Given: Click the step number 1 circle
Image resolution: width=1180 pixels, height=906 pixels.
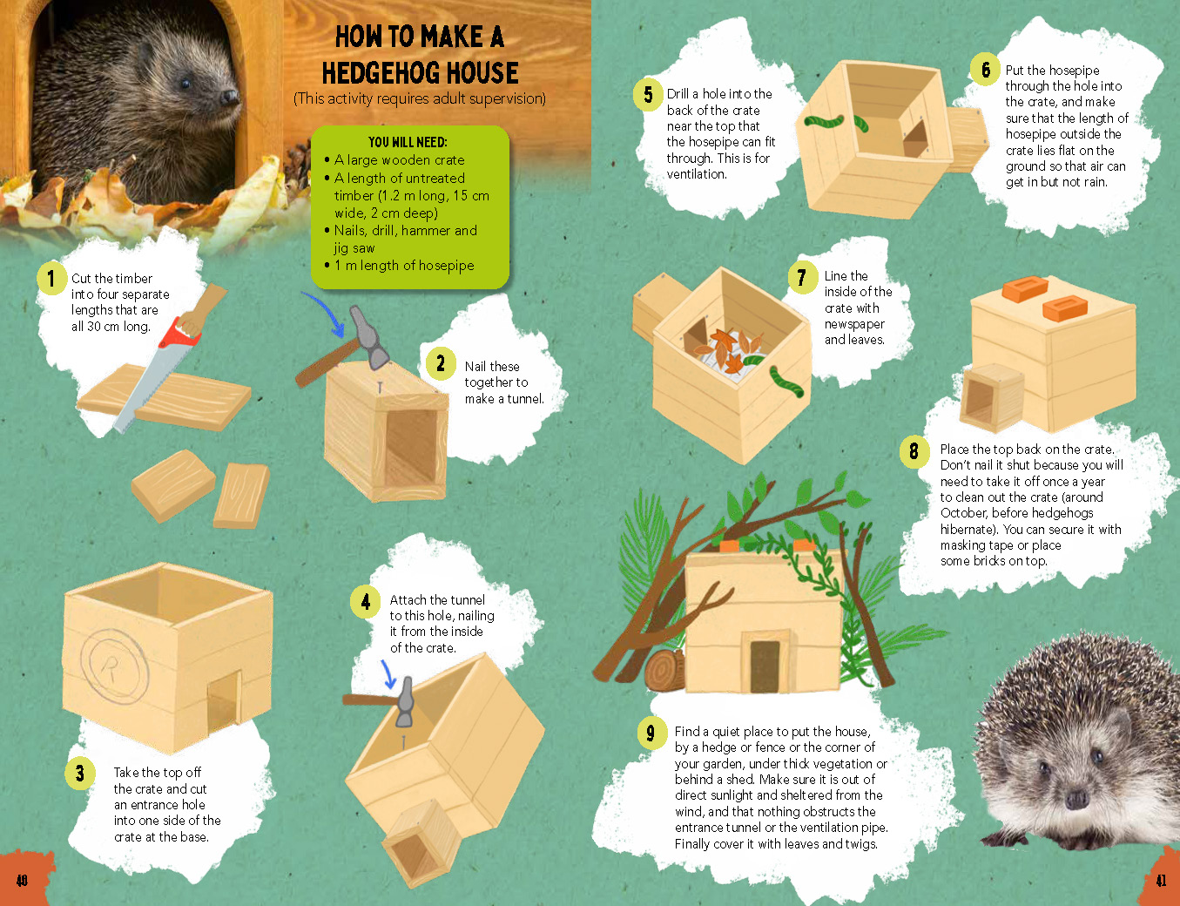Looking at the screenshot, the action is (x=51, y=279).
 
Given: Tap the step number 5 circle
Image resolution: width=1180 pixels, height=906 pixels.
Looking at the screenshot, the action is (x=648, y=94).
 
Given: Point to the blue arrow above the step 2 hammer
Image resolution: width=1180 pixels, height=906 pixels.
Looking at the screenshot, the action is (x=326, y=313).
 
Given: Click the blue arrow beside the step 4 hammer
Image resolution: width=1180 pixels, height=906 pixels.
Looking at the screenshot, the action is (x=388, y=673).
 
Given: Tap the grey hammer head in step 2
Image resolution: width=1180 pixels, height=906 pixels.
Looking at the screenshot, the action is (x=368, y=337).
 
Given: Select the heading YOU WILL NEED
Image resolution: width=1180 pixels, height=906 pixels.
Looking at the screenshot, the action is (x=408, y=142).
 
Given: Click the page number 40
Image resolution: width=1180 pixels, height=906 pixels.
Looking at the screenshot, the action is (x=22, y=881).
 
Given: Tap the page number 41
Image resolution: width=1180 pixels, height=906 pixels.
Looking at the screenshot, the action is (x=1161, y=881).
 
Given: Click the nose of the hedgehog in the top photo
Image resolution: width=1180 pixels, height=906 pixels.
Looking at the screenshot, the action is (x=230, y=97).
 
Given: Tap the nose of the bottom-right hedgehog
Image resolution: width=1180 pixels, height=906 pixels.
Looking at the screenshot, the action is (x=1077, y=800).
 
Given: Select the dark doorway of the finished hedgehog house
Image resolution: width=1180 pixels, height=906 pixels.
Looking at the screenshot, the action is (x=765, y=666).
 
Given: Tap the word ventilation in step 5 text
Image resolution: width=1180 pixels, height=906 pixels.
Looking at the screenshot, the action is (x=697, y=174).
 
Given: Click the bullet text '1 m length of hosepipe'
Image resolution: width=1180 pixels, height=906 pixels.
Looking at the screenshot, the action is (x=404, y=266).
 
